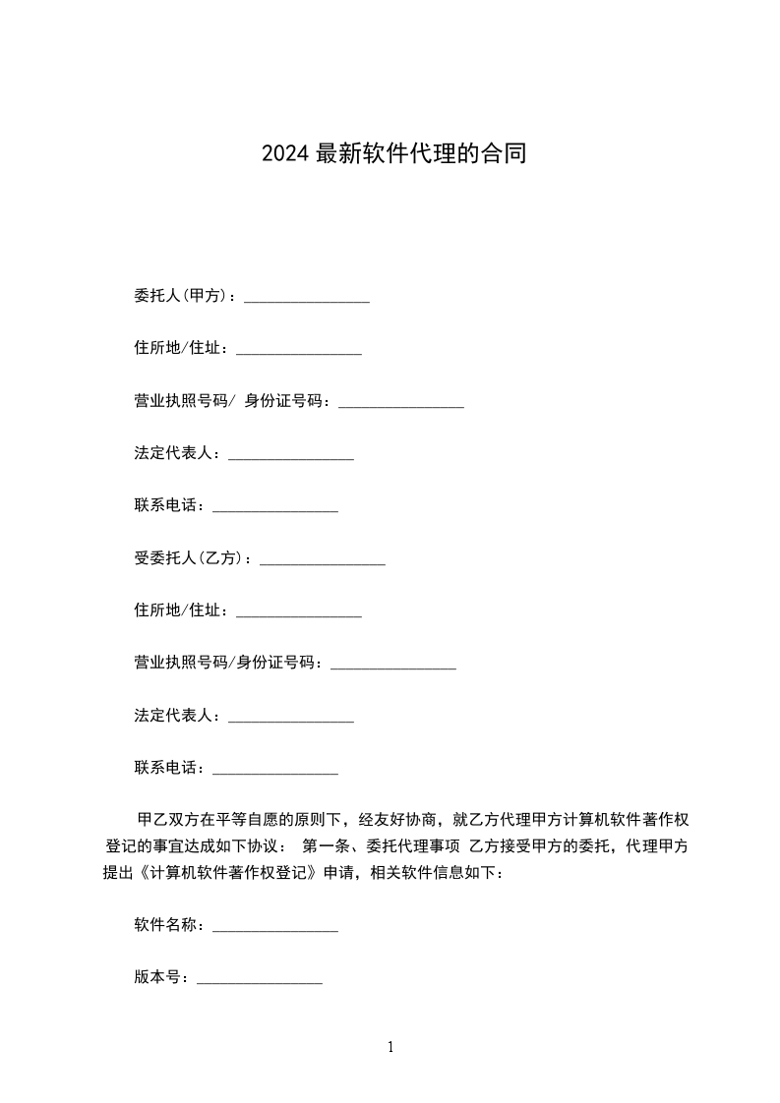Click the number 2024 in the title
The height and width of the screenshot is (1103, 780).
coord(285,153)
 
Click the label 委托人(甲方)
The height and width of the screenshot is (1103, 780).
coord(181,296)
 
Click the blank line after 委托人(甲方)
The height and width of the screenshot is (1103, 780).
coord(307,298)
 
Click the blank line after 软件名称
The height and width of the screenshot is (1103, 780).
coord(275,927)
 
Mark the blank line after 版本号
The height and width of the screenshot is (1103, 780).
coord(260,980)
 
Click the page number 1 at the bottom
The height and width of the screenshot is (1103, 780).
coord(390,1048)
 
